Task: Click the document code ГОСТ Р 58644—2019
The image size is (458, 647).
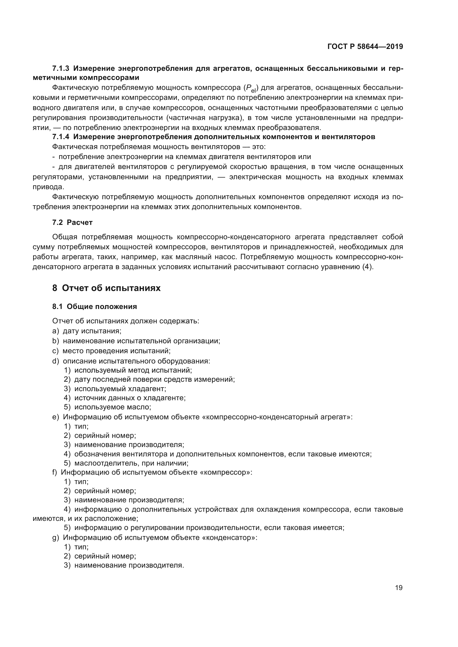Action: [365, 46]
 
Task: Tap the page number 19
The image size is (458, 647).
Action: [399, 588]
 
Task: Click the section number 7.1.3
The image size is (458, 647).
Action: [60, 69]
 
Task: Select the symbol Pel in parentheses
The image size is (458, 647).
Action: [251, 89]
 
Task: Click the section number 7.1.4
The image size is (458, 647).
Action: [60, 137]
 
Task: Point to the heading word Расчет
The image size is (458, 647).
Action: [80, 223]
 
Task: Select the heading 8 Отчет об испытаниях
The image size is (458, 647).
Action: [106, 288]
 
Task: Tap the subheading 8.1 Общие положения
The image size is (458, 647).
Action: [94, 306]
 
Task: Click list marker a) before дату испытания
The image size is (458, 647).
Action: [56, 331]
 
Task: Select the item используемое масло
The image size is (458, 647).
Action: [112, 407]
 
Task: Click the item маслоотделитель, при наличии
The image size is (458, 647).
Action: [131, 463]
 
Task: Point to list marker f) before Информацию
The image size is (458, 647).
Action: [55, 472]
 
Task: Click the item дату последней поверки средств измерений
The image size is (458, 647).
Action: [154, 379]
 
